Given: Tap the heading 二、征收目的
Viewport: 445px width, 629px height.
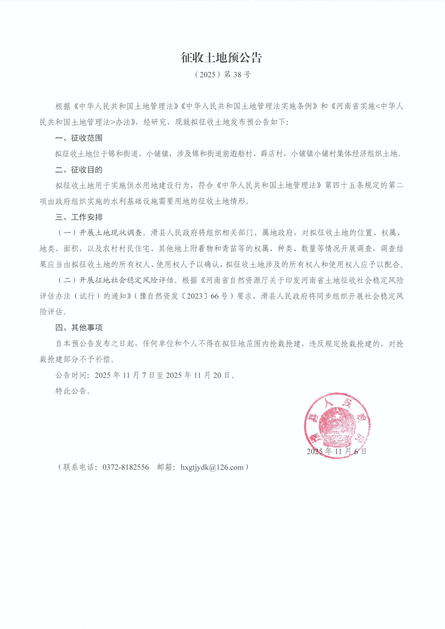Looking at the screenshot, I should pyautogui.click(x=79, y=170).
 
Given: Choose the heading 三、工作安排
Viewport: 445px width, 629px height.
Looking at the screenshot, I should pyautogui.click(x=79, y=217).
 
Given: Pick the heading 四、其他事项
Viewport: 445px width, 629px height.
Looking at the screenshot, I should pyautogui.click(x=79, y=328).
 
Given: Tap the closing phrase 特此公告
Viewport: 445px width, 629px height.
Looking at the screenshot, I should pyautogui.click(x=73, y=391).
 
